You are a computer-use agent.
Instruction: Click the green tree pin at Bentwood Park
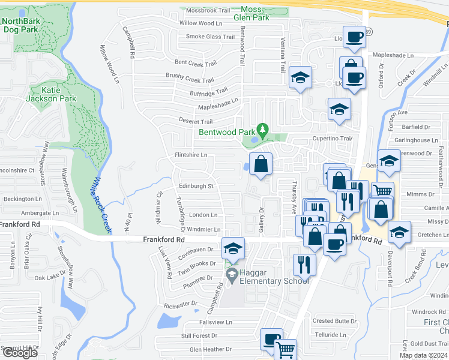point(262,130)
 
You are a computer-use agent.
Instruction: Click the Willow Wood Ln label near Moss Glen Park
point(200,23)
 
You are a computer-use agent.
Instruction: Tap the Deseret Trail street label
point(197,121)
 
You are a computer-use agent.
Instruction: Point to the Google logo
point(20,353)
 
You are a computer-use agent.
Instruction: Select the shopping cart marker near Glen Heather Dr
point(286,349)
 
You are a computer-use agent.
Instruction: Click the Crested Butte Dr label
point(330,322)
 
